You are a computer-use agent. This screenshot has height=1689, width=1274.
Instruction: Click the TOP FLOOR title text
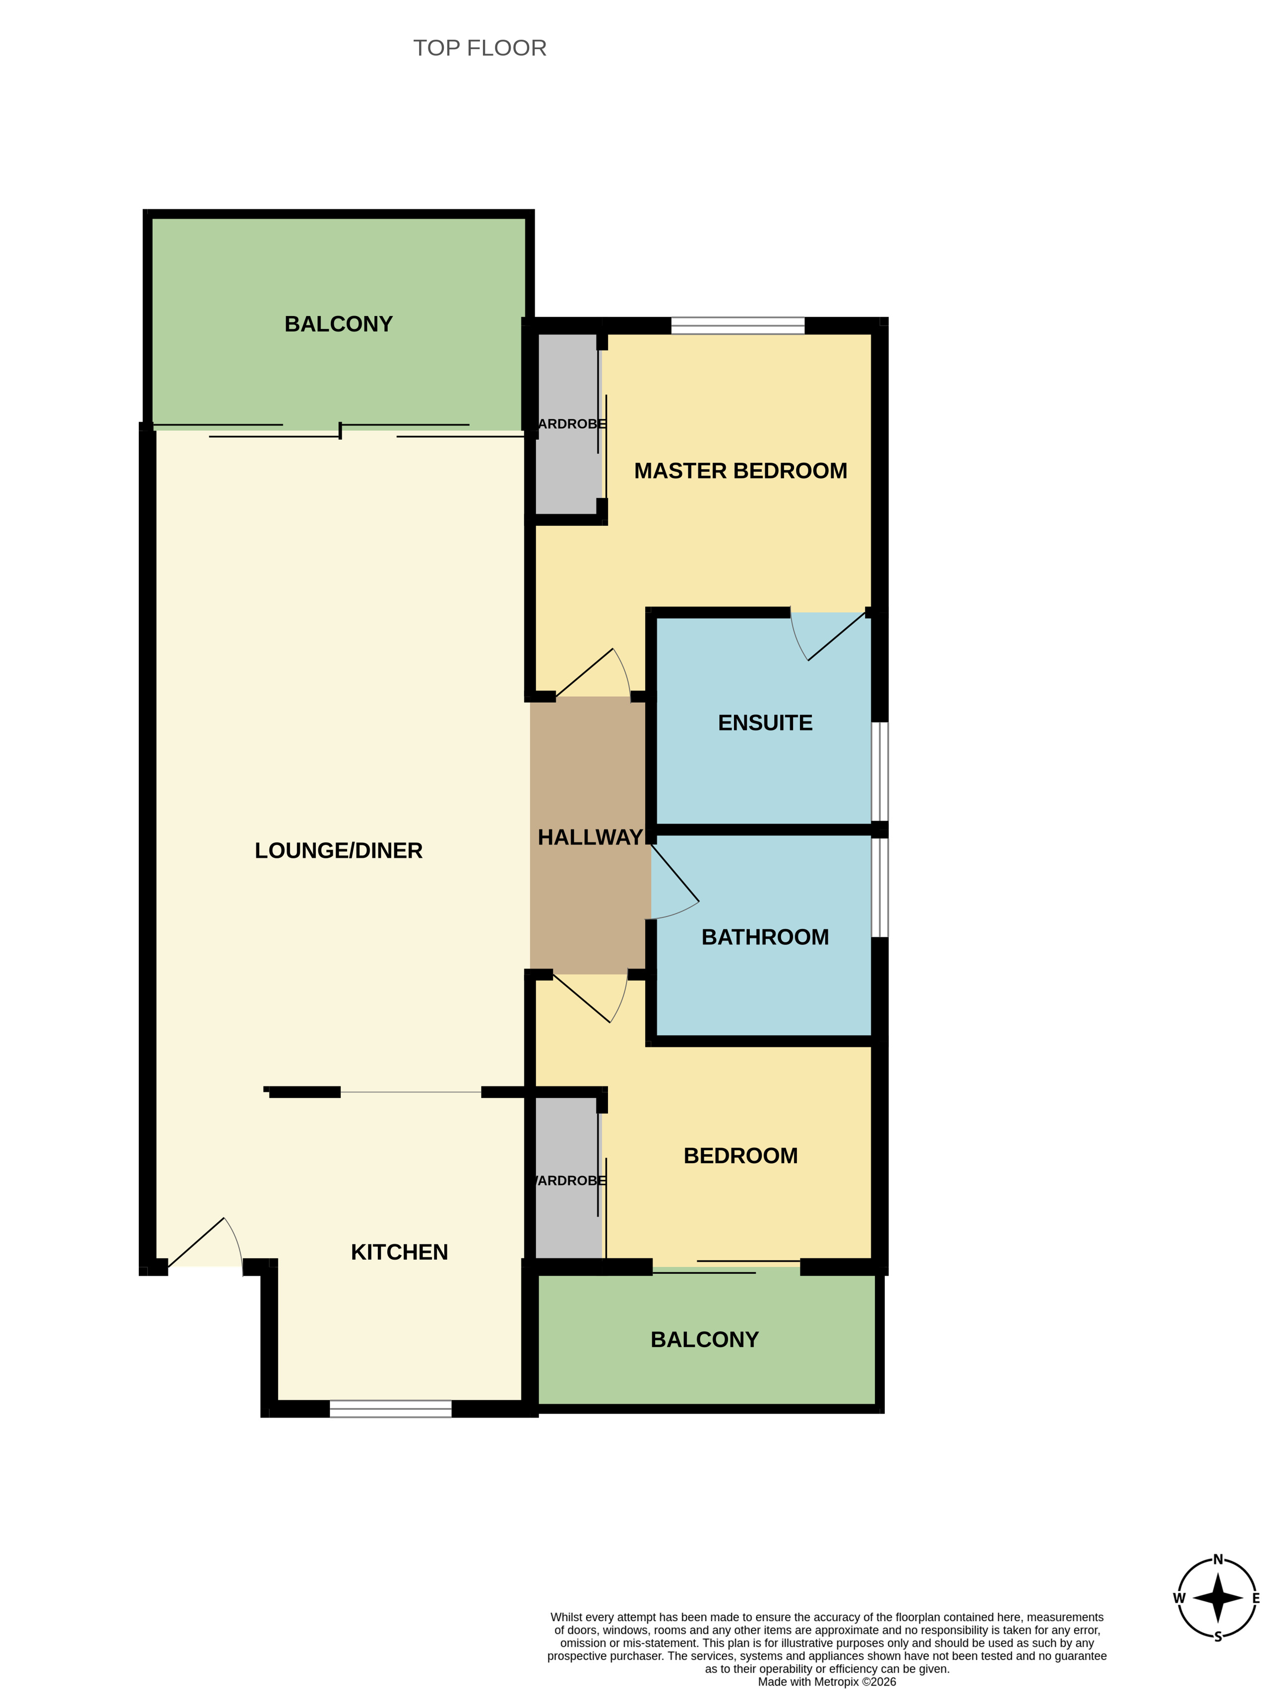480,48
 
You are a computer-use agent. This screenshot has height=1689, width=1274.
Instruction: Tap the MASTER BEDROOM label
740,471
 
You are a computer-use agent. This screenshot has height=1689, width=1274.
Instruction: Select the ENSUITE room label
765,722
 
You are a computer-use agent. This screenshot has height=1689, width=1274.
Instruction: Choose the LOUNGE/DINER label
338,850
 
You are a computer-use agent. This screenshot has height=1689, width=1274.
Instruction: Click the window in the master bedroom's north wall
737,326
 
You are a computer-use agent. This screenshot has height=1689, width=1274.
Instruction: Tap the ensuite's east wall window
879,771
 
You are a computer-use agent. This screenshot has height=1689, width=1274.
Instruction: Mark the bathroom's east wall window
879,887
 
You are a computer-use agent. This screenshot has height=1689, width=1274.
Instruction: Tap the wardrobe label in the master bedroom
572,424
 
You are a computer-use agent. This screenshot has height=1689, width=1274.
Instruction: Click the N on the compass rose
1217,1560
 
